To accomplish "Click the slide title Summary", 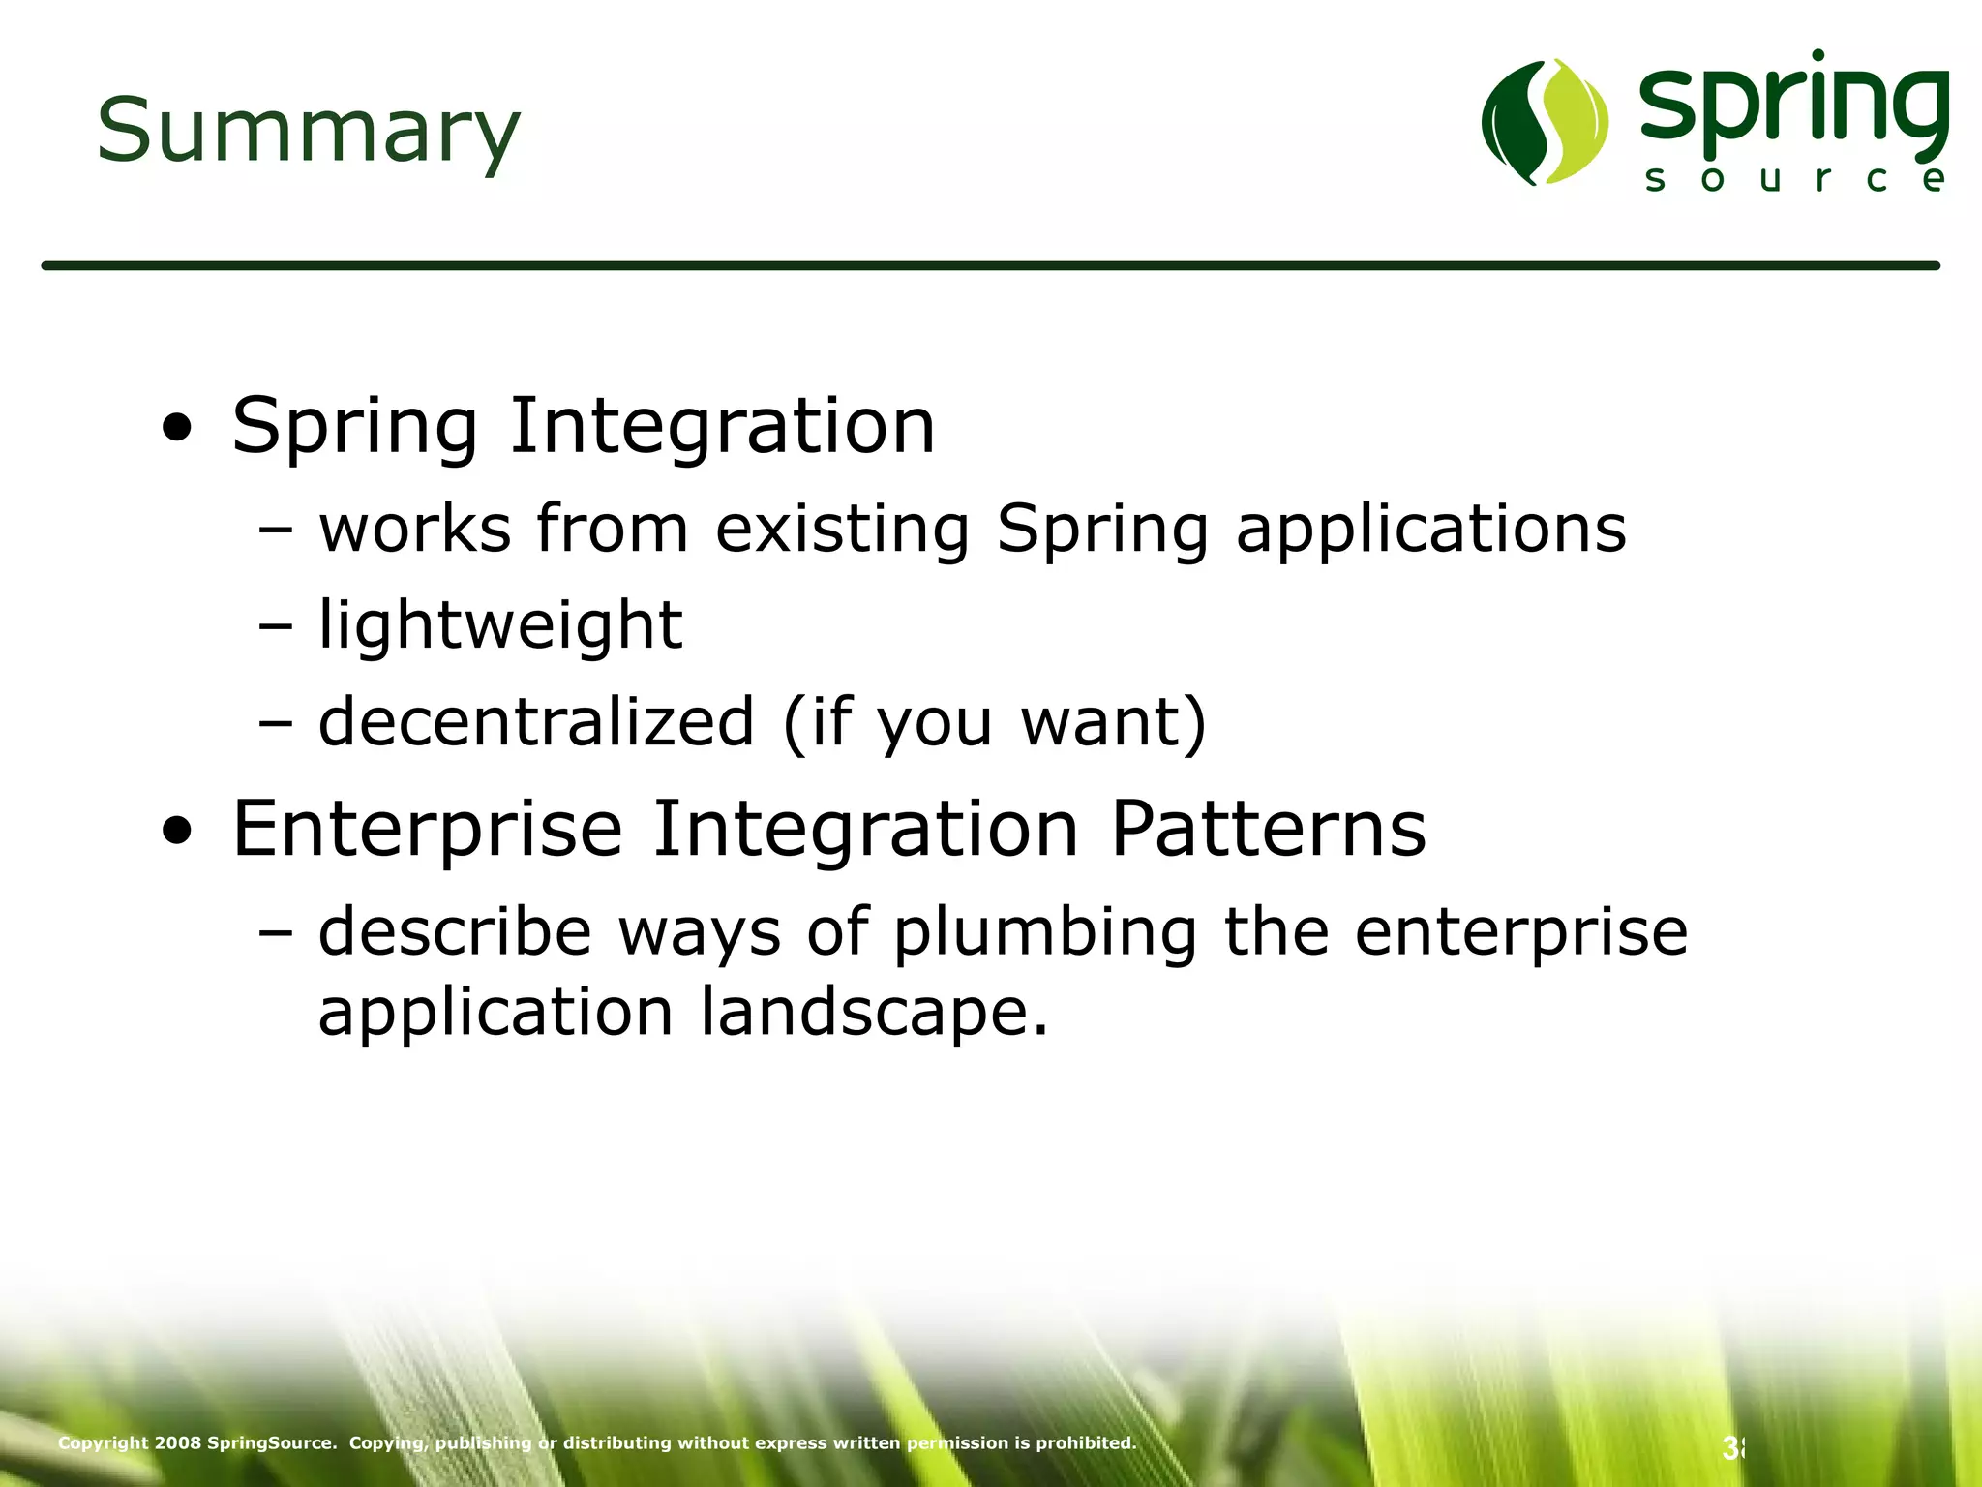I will click(x=308, y=131).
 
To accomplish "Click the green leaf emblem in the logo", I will click(x=1545, y=122).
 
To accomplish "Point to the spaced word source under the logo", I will click(x=1795, y=179).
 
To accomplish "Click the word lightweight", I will click(x=500, y=624).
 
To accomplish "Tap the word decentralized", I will click(x=536, y=722).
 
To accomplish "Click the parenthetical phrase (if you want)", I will click(x=995, y=722).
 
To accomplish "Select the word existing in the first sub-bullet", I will click(x=842, y=530).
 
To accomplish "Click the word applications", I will click(x=1431, y=530).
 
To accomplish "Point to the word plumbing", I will click(x=1044, y=932).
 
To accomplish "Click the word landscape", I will click(x=874, y=1012).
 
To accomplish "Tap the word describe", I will click(x=455, y=931).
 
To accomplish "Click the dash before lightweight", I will click(x=275, y=626).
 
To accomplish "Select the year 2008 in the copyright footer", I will click(x=177, y=1442).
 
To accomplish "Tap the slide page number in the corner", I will click(x=1732, y=1448).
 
